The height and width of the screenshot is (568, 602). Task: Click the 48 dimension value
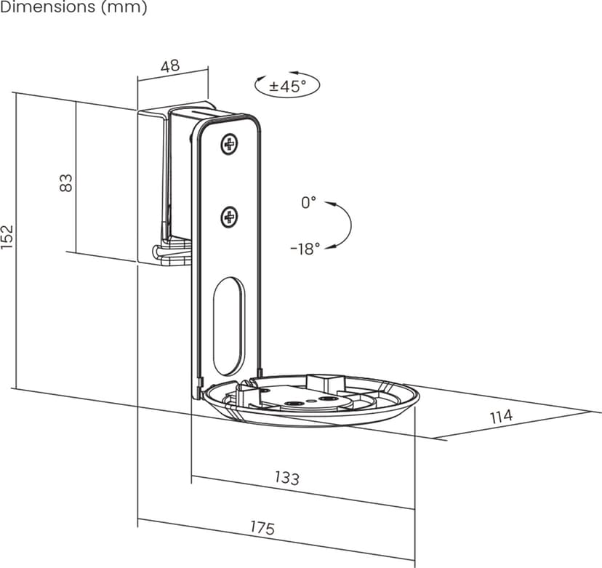point(169,66)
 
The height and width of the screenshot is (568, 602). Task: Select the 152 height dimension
point(7,237)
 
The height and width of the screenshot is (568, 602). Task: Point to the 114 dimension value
point(500,416)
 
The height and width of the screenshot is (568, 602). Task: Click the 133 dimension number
point(286,477)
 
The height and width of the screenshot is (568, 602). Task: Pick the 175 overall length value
point(262,528)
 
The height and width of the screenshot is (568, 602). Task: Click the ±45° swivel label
point(288,86)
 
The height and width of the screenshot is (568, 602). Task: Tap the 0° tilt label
point(309,203)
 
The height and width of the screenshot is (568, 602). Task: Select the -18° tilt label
point(305,249)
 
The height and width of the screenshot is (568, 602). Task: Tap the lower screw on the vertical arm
point(230,215)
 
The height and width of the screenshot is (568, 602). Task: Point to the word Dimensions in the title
point(48,8)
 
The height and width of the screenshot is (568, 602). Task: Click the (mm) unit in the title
point(127,8)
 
